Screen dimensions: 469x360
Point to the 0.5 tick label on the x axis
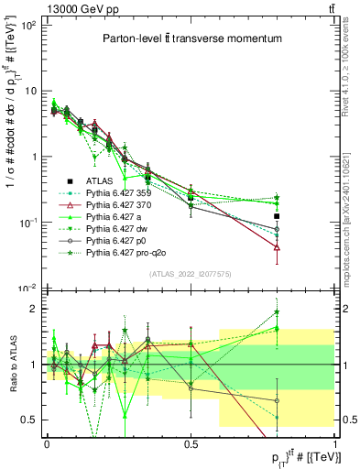click(x=191, y=443)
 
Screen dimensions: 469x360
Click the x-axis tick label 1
click(x=334, y=443)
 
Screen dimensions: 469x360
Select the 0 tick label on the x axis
click(x=48, y=443)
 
